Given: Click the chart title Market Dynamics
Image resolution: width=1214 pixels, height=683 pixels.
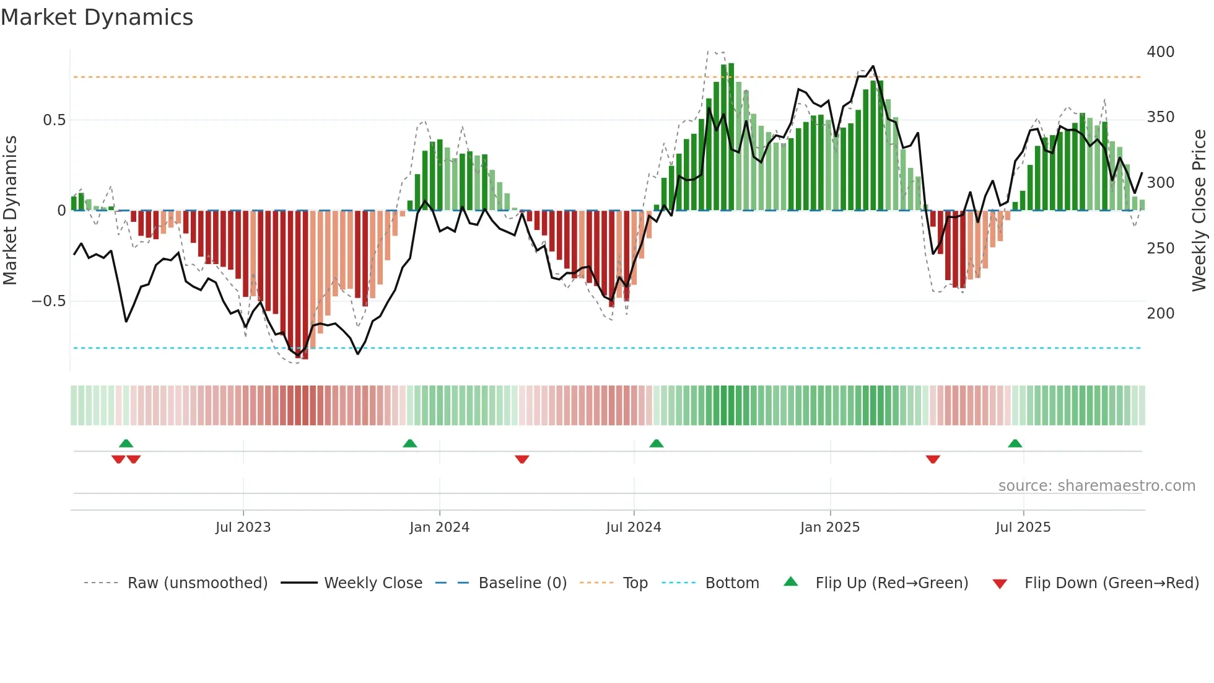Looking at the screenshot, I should (x=97, y=17).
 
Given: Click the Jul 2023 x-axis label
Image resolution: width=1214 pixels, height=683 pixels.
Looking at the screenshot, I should (x=243, y=527).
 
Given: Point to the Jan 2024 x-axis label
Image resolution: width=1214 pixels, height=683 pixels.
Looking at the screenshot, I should (x=439, y=527).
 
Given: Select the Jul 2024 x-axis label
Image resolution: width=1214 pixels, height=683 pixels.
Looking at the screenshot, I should (x=633, y=527).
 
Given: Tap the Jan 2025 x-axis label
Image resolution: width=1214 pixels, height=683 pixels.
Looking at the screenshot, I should (x=829, y=527).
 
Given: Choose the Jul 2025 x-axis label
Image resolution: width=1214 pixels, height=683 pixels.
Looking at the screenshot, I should (x=1023, y=527).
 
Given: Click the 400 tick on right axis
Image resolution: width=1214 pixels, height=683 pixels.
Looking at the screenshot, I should (x=1160, y=52).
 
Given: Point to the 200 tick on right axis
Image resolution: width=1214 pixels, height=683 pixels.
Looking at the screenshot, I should (x=1160, y=314).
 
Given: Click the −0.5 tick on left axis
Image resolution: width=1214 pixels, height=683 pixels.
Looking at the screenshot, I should (x=48, y=301).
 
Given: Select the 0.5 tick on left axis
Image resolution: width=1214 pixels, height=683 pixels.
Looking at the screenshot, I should (x=54, y=120).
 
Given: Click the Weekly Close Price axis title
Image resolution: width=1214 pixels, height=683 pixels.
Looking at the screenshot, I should (x=1199, y=211).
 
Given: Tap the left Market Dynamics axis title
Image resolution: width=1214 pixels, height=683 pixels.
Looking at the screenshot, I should (x=10, y=211).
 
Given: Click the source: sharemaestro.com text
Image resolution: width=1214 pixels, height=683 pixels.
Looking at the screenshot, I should (x=1096, y=486).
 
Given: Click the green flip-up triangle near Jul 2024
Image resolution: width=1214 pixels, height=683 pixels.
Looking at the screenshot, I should (x=656, y=443).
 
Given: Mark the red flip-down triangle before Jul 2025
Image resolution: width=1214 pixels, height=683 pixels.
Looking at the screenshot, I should (x=933, y=459).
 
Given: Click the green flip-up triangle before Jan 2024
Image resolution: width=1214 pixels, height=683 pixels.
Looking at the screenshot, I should (x=409, y=443).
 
